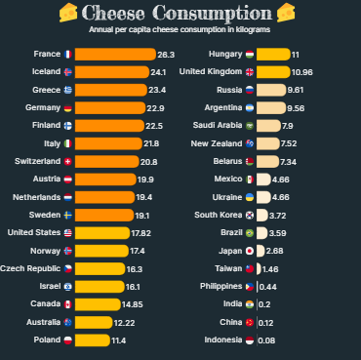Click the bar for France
click(113, 55)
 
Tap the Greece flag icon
click(66, 90)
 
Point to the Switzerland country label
click(35, 161)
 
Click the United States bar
click(102, 233)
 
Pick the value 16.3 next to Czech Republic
click(135, 268)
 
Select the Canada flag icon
click(66, 304)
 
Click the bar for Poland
click(92, 340)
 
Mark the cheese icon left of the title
click(67, 13)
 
